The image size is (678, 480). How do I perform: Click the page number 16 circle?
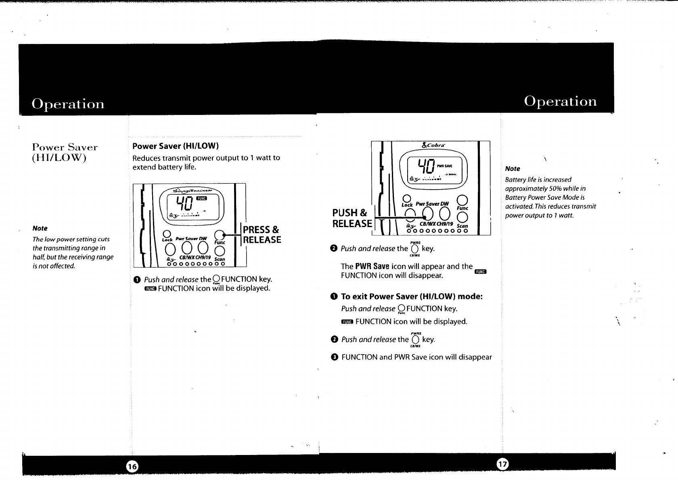coord(132,467)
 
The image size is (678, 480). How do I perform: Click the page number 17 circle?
coord(502,465)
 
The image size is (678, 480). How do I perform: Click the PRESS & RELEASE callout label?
coord(261,235)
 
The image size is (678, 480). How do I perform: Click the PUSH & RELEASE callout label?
coord(352,218)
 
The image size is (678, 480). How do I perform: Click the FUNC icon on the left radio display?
coord(201,198)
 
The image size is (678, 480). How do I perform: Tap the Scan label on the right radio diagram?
coord(462,226)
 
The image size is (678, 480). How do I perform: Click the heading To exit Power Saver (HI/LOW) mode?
coord(412,296)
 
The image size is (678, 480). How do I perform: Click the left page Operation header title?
coord(68,104)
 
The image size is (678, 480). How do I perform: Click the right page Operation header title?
coord(560,101)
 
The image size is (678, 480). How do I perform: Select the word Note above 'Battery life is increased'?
coord(513,169)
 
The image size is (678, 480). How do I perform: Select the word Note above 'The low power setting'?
coord(40,228)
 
